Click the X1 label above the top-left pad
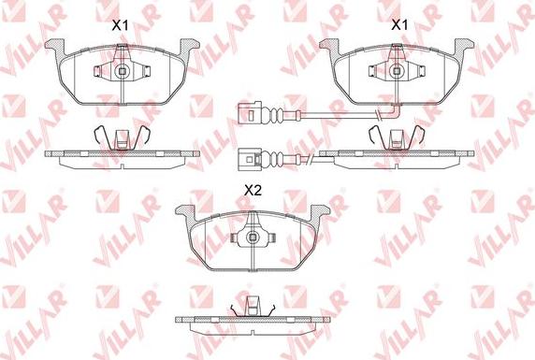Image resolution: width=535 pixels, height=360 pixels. (120, 25)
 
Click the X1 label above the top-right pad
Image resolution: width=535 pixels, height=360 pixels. (399, 24)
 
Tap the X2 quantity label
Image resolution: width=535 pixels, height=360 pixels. (253, 191)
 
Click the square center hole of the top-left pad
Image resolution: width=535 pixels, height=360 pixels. (123, 71)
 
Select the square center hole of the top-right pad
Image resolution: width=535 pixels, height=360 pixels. (397, 71)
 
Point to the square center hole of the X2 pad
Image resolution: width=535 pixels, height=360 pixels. (253, 238)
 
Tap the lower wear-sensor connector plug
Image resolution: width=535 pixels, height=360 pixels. (250, 159)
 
